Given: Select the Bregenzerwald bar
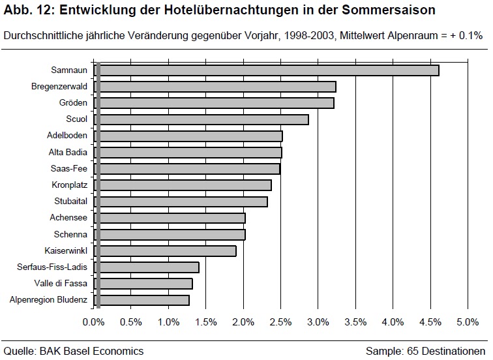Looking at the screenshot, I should [x=215, y=87].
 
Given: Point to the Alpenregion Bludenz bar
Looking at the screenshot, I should [x=142, y=300].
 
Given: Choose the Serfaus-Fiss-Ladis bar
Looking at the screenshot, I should [x=146, y=267].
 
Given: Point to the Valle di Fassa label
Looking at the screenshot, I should [x=61, y=284].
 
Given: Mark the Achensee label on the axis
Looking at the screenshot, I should [x=69, y=218].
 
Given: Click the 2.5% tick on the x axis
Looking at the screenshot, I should [x=281, y=322].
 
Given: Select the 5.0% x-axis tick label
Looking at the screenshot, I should [x=468, y=322].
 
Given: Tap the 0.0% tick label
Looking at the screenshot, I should [x=94, y=322].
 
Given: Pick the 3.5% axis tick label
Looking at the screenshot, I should [x=355, y=322].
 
